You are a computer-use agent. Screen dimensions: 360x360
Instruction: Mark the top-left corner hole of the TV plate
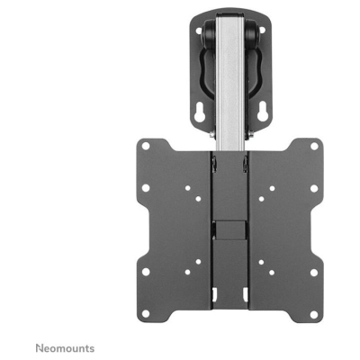[x=144, y=145]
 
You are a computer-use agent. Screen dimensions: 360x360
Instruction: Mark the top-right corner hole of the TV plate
[x=313, y=145]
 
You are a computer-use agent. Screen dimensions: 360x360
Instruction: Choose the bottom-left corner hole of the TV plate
[x=144, y=272]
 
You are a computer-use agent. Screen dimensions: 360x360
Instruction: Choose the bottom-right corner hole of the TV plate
[x=313, y=272]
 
